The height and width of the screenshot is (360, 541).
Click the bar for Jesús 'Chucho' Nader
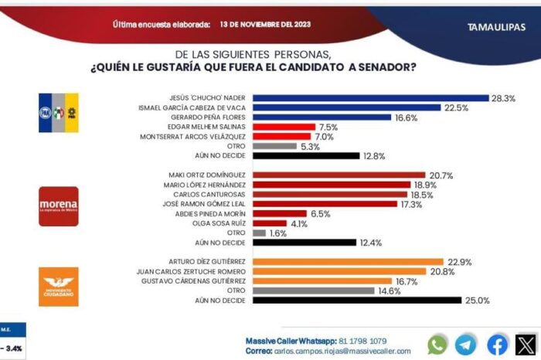tap(371, 98)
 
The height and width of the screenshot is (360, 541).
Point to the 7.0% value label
tap(325, 136)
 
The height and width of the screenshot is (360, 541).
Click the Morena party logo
tap(59, 205)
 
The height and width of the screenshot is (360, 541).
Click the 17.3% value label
tap(411, 204)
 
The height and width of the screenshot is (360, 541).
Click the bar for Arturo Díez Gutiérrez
tap(348, 261)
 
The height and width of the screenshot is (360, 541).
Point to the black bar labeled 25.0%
tap(356, 300)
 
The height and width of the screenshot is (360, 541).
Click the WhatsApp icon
tap(437, 344)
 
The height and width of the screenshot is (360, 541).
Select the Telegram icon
tap(466, 344)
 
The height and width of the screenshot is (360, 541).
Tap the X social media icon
tap(527, 344)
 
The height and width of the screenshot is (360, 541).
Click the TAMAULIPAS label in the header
tap(494, 27)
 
